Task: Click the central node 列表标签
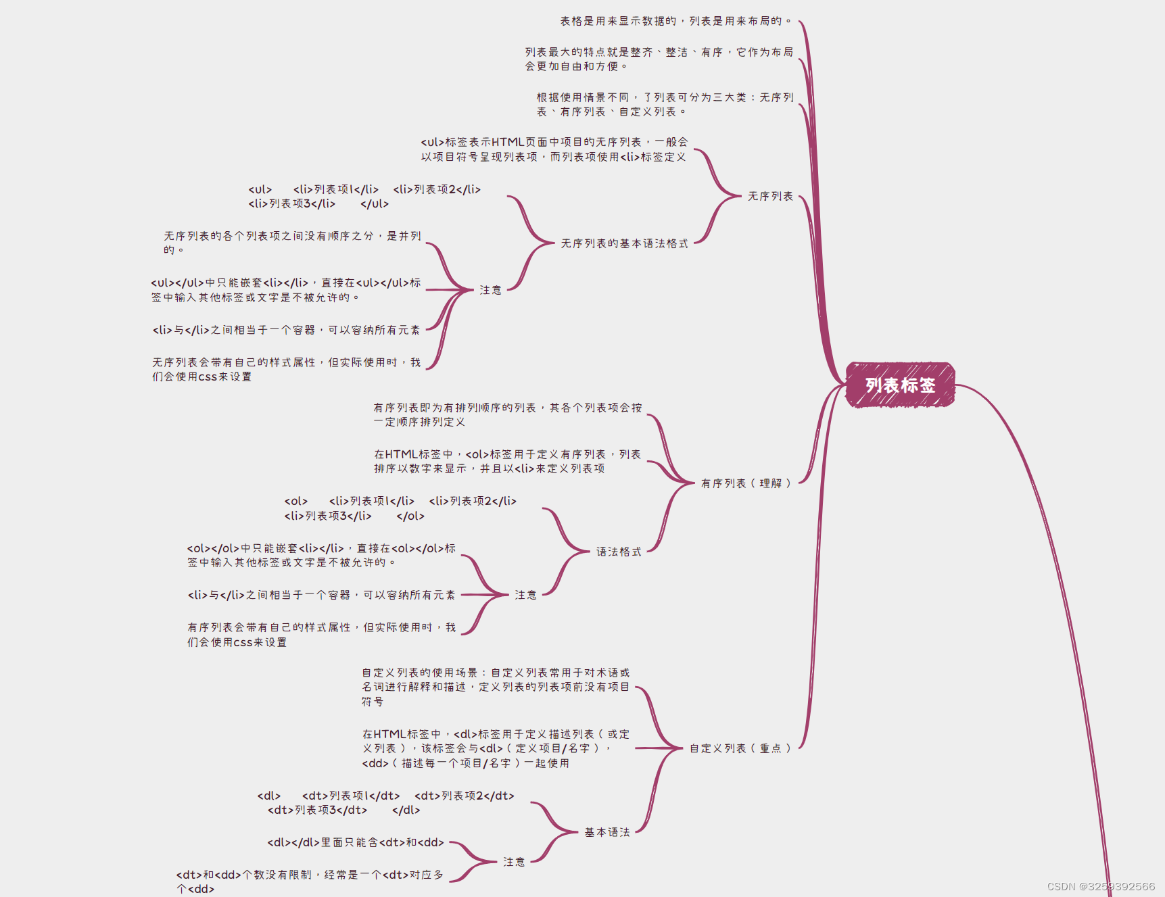(x=900, y=385)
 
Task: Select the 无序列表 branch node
(x=770, y=196)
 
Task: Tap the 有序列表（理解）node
(x=745, y=483)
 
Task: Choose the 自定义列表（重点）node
(x=740, y=748)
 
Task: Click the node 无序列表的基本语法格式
(x=624, y=243)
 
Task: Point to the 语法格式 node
(x=618, y=552)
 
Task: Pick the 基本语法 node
(x=607, y=832)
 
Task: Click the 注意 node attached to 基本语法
(x=513, y=862)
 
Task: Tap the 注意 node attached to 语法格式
(x=525, y=595)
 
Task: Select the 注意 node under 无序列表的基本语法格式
(x=490, y=290)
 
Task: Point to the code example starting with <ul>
(x=364, y=197)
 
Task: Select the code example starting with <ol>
(x=400, y=508)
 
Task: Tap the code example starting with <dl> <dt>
(x=386, y=803)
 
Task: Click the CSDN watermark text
(x=1101, y=886)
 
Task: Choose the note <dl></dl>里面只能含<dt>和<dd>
(x=356, y=842)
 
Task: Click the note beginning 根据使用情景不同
(x=665, y=105)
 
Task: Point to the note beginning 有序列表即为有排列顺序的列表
(x=507, y=414)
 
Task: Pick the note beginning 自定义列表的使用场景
(x=496, y=687)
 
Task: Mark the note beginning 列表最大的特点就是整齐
(x=659, y=59)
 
